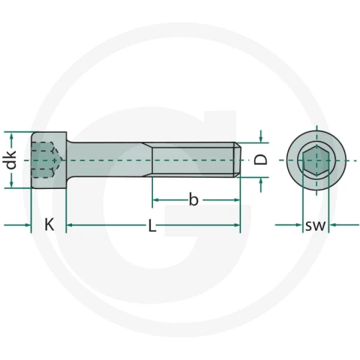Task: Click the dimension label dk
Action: pos(11,160)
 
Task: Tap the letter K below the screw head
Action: pos(49,224)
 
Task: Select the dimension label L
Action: pos(152,226)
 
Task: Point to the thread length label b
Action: pos(193,199)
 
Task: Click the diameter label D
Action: pos(261,160)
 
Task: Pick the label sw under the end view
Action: pos(316,226)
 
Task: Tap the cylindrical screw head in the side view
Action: pos(49,160)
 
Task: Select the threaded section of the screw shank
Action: pos(193,160)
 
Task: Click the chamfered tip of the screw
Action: pos(238,160)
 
